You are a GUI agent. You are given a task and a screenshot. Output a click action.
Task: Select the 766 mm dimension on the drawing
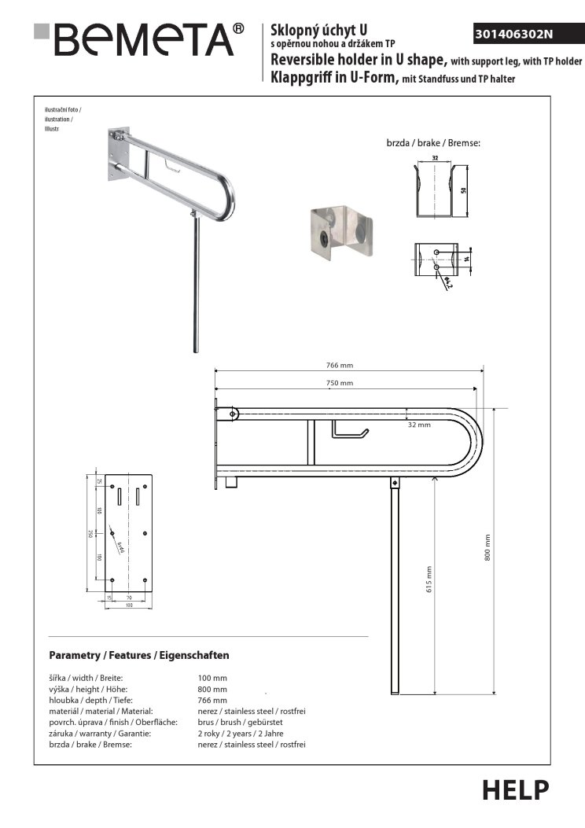click(x=340, y=364)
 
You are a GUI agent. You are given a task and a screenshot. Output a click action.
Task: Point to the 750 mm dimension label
click(x=340, y=383)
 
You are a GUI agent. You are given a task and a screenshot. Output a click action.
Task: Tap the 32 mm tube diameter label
click(x=419, y=425)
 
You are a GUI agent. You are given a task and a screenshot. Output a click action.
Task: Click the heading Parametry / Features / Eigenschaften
click(x=138, y=655)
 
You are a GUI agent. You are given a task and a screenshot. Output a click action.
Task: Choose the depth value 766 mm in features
click(x=212, y=699)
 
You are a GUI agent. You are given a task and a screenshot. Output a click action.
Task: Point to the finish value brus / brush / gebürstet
click(x=240, y=721)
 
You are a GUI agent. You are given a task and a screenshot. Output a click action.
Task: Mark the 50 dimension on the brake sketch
click(x=465, y=191)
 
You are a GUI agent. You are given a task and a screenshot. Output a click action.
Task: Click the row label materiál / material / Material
click(x=105, y=710)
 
